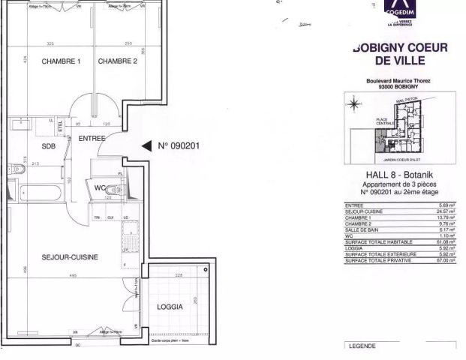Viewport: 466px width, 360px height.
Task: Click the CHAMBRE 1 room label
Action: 61,61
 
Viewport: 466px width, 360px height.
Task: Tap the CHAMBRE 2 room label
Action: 118,61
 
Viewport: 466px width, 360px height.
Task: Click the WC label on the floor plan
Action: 100,187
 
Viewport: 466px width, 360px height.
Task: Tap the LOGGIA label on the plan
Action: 170,307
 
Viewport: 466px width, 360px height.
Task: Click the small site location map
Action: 395,128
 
